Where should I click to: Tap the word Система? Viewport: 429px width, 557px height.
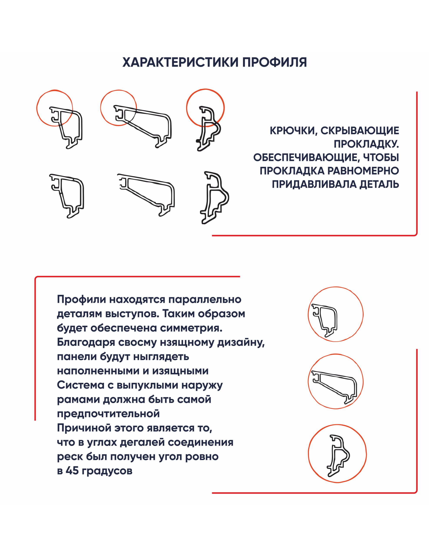point(79,385)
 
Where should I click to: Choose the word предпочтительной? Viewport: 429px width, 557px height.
point(108,414)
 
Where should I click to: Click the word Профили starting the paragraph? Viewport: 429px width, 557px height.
point(81,299)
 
